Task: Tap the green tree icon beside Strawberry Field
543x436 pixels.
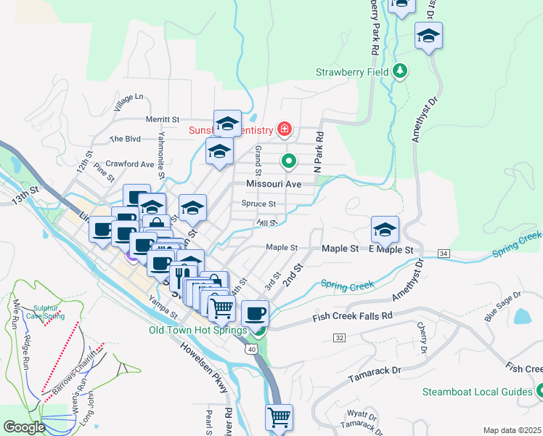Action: point(399,70)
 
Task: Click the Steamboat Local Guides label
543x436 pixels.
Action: point(478,392)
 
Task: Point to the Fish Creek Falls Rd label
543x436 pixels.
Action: point(352,316)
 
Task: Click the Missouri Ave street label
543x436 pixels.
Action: point(273,185)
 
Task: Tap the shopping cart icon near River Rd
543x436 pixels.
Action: point(278,417)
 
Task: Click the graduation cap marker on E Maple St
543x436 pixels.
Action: point(385,230)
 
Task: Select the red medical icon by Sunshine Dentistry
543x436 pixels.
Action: point(285,130)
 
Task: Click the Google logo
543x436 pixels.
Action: point(24,427)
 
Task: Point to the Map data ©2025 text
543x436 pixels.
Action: point(512,430)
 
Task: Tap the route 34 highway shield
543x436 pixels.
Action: point(444,253)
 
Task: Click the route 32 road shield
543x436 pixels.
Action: point(339,338)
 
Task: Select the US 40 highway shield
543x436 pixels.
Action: point(251,350)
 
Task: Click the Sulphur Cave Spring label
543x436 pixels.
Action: point(44,312)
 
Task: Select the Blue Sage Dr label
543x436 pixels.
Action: point(502,302)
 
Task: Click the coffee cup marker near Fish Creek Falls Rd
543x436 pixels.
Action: point(255,313)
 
